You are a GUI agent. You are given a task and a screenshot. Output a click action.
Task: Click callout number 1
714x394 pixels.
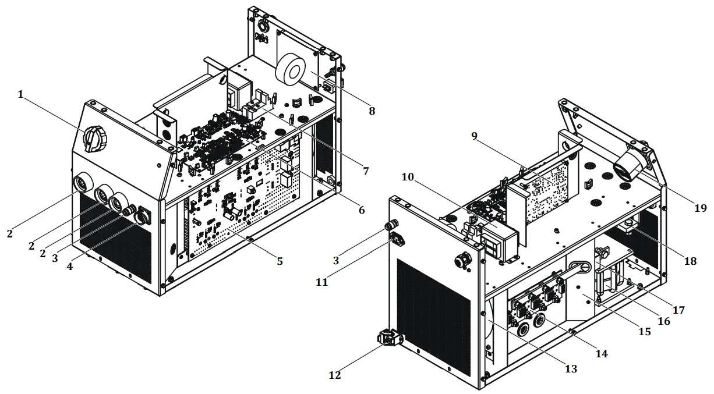point(21,94)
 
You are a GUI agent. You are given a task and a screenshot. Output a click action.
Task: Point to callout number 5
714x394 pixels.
point(280,261)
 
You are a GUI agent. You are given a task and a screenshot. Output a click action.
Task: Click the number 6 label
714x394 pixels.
point(362,210)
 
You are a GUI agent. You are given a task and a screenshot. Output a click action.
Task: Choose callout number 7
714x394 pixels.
point(365,171)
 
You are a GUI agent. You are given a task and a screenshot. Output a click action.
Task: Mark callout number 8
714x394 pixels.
point(372,110)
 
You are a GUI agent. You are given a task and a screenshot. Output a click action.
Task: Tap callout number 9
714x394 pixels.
point(474,136)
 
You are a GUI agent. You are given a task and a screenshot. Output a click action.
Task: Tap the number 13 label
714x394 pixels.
point(571,369)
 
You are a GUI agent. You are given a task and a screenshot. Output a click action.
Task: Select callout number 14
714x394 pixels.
point(602,353)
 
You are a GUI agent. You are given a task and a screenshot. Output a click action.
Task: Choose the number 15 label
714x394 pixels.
point(644,332)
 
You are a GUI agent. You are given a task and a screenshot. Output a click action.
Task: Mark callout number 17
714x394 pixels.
point(678,310)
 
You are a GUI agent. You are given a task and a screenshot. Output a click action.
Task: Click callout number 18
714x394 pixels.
point(690,261)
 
